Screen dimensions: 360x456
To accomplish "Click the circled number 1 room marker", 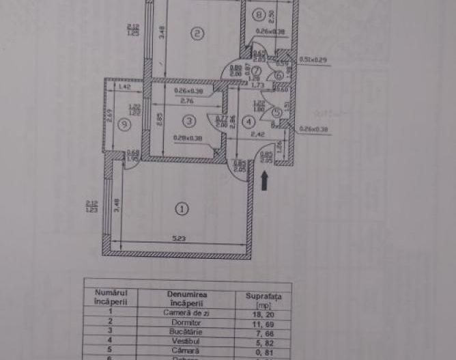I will pyautogui.click(x=181, y=209).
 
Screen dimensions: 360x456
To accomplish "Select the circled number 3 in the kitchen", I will pyautogui.click(x=190, y=120).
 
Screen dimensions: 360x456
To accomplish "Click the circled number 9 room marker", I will pyautogui.click(x=124, y=124).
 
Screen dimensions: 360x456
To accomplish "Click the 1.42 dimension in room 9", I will pyautogui.click(x=124, y=87).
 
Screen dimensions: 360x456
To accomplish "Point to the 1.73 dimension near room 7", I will pyautogui.click(x=257, y=85).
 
